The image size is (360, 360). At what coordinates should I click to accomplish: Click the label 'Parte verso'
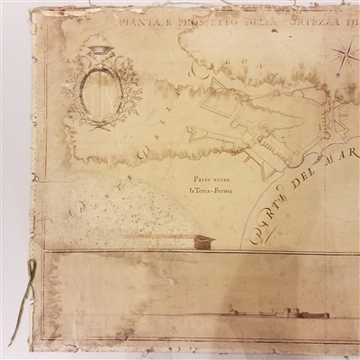click(194, 178)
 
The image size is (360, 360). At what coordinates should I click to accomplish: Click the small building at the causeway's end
click(204, 240)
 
